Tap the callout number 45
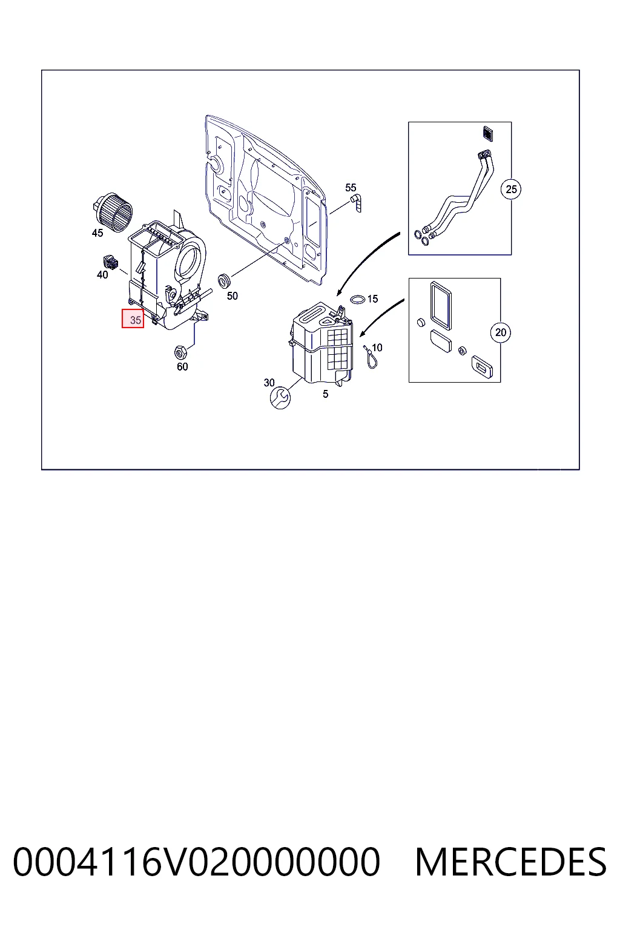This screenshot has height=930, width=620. click(97, 233)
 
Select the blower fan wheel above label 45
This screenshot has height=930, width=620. click(113, 212)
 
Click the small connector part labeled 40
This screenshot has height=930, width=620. click(110, 262)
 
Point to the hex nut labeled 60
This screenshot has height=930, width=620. click(180, 352)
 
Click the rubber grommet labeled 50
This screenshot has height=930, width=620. click(225, 281)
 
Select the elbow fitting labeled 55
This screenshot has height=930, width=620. click(356, 203)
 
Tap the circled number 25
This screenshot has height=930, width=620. click(511, 190)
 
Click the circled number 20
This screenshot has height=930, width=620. click(501, 332)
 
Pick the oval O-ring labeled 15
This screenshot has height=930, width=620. click(358, 299)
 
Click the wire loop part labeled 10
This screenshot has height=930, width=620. click(371, 357)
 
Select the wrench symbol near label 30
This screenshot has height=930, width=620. click(280, 398)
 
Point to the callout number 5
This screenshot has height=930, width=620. click(326, 394)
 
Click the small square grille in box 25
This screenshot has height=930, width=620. click(488, 134)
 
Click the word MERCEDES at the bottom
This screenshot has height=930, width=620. click(511, 862)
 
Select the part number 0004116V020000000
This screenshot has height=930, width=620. click(196, 862)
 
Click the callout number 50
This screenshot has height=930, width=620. click(232, 296)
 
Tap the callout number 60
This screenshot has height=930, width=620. click(182, 366)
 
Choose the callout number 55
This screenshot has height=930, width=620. click(351, 188)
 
